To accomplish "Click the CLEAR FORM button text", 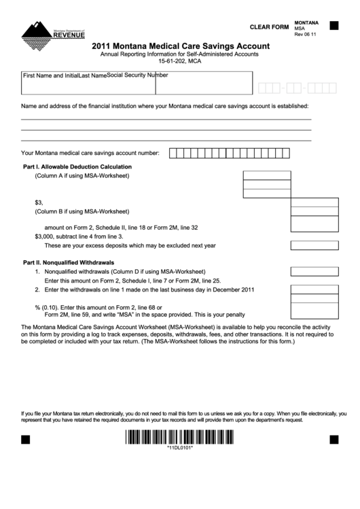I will point(269,27).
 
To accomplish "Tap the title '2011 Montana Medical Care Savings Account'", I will point(179,46).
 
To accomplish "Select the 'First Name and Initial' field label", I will point(50,76).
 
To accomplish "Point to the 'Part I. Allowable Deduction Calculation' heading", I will point(77,166).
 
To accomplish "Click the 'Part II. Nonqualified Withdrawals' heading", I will point(69,262).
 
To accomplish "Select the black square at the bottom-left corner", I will point(26,439).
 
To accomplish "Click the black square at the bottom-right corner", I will point(334,439).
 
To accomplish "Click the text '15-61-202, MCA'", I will point(179,61).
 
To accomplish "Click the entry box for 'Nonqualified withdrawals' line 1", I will point(314,271).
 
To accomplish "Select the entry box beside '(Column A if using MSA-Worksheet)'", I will point(266,175).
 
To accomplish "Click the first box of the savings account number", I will point(173,153).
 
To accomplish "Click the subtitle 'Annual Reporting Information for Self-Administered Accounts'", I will point(179,54).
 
